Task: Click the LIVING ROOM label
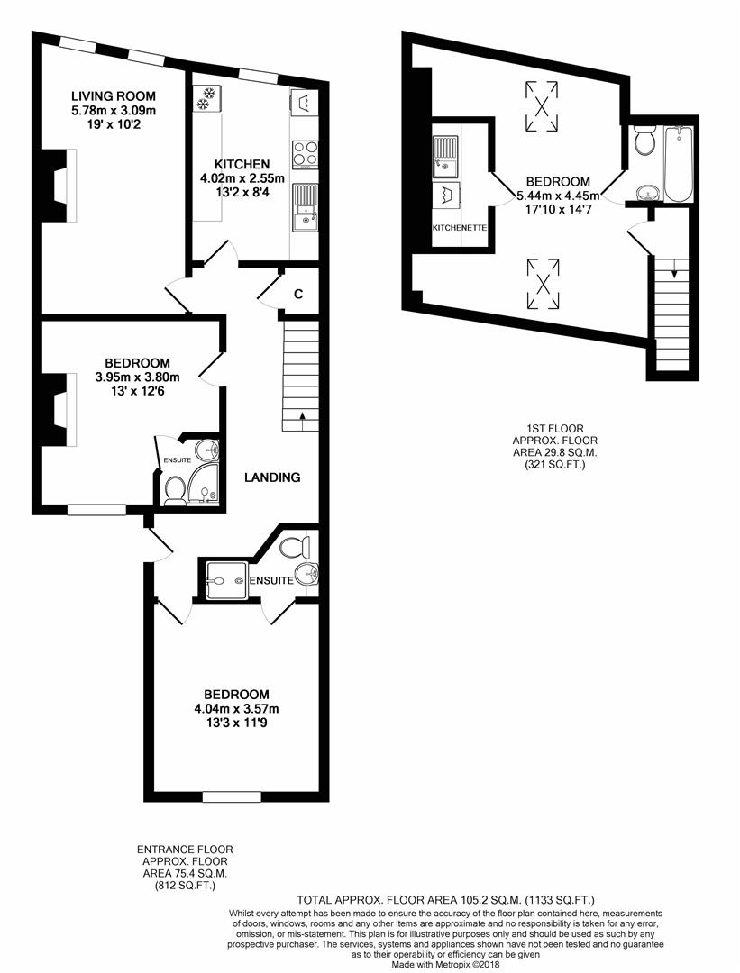[114, 96]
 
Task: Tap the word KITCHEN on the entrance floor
[242, 164]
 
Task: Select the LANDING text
[272, 477]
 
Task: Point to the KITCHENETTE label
[460, 229]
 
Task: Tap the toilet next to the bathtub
[644, 141]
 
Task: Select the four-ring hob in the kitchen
[306, 151]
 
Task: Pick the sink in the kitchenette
[446, 155]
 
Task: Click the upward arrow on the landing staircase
[301, 416]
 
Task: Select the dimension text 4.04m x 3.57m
[236, 708]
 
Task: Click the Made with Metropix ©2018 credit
[446, 964]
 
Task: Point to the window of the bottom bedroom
[232, 796]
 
